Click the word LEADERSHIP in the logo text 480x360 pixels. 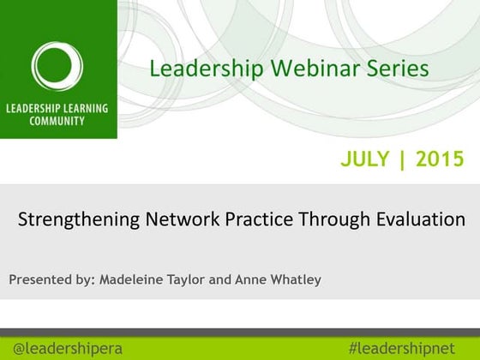(x=33, y=109)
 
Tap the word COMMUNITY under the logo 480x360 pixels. (x=57, y=122)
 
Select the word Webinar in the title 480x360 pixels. (x=289, y=69)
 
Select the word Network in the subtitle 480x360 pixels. (x=172, y=219)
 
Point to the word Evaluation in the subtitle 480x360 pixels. (x=420, y=219)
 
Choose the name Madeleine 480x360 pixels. (x=135, y=279)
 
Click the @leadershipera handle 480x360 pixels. (x=68, y=348)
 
